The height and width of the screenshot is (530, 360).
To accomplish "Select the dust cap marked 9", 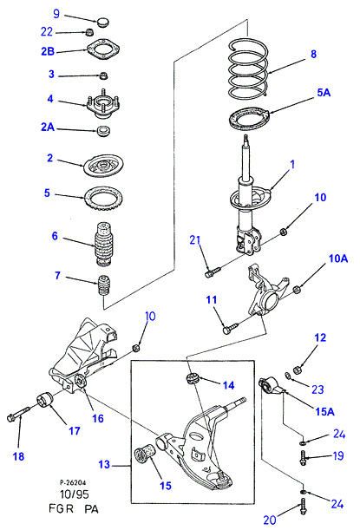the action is click(102, 23).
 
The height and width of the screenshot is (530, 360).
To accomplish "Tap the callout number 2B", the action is click(48, 51).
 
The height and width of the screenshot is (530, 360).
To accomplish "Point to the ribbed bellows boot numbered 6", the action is click(102, 244).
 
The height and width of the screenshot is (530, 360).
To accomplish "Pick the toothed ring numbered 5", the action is click(103, 200).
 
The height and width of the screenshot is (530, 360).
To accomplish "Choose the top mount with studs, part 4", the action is click(103, 108).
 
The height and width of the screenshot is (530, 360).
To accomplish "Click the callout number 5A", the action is click(324, 92).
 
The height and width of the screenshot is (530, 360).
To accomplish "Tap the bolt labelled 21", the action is click(213, 272).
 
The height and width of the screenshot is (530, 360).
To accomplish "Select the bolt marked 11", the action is click(231, 328).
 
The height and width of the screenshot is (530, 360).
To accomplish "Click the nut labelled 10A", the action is click(297, 290).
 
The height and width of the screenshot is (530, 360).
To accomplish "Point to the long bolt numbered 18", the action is click(18, 414).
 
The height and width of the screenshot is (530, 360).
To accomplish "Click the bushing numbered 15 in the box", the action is click(144, 455).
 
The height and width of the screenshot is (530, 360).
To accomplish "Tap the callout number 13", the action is click(104, 464).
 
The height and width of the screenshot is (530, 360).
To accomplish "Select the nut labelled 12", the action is click(297, 370).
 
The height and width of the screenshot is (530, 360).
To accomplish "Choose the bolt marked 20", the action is click(303, 508).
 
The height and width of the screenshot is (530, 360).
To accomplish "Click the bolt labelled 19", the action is click(304, 458).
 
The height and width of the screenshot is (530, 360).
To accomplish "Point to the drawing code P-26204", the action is click(73, 482).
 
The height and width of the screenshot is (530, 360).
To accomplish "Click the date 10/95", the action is click(75, 494).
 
